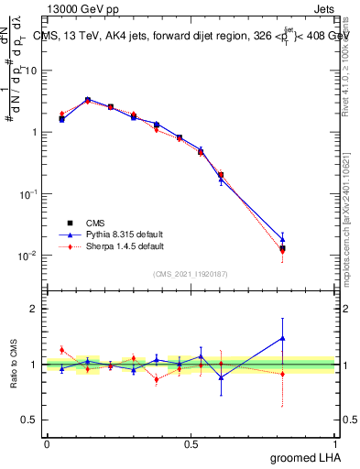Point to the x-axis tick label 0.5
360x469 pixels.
[x=191, y=442]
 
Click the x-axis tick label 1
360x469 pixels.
[x=335, y=442]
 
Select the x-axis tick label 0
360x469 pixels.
[x=47, y=442]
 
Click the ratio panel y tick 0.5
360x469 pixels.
[x=29, y=420]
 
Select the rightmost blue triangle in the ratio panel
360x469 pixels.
[x=282, y=338]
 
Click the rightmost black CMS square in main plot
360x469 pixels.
[x=282, y=248]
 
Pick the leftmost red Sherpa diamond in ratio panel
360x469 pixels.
[x=61, y=350]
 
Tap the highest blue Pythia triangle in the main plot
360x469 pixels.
[x=87, y=99]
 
